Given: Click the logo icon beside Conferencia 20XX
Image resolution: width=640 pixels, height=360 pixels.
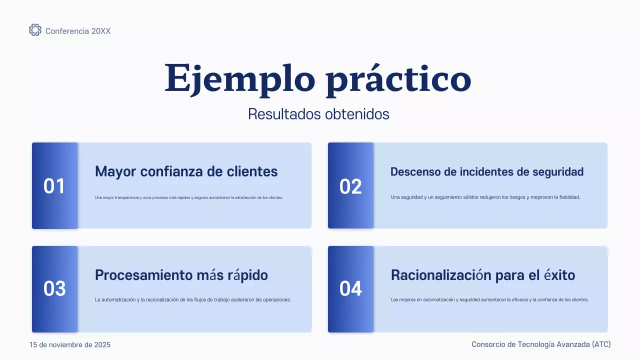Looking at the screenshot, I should [35, 30].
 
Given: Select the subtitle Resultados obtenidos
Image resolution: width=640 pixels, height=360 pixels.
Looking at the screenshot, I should [318, 114].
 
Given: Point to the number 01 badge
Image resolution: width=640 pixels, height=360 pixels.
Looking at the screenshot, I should [54, 186].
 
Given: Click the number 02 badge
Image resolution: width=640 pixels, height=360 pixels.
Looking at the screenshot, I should [350, 186].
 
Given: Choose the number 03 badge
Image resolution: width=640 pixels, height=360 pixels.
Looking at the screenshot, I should [54, 289].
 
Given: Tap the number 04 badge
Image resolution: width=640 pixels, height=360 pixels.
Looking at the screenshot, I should [350, 289].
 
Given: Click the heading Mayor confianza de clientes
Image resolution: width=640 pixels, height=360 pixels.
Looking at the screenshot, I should [186, 171].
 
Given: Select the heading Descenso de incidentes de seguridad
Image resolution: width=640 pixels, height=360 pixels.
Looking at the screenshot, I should [487, 172].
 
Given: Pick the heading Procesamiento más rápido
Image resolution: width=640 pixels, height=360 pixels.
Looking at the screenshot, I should [181, 275].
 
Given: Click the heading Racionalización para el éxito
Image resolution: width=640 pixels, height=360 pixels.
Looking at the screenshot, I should [483, 275].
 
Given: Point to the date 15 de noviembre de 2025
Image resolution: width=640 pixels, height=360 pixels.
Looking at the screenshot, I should [70, 345].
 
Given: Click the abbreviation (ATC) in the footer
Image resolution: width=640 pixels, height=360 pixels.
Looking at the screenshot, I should [601, 344].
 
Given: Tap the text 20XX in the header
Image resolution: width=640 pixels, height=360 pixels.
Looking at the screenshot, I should [101, 31].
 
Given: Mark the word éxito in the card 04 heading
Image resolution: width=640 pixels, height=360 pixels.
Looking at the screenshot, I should [559, 275].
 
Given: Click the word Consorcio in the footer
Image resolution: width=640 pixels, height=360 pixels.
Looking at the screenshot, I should [488, 344].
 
